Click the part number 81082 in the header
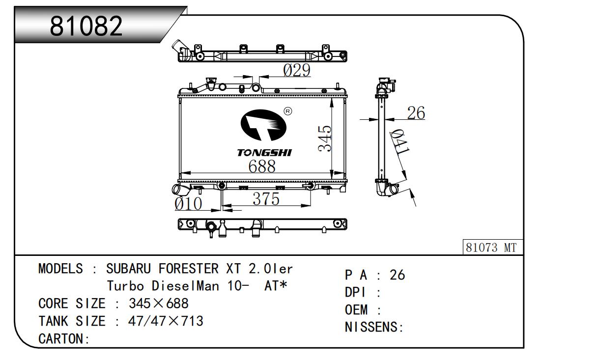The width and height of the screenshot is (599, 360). coord(86,26)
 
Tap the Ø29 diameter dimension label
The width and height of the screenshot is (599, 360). coord(297,70)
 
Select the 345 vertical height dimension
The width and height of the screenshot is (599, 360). coord(325,138)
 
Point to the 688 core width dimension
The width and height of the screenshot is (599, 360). coord(262,166)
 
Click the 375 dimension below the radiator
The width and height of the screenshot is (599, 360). coord(266,199)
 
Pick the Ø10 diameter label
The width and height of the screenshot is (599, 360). coord(188,204)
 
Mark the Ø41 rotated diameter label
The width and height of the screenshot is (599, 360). coord(399,141)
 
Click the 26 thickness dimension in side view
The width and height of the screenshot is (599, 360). coord(416,113)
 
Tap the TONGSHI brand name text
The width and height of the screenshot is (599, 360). coord(264,153)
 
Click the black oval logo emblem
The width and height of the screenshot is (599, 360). coord(263,125)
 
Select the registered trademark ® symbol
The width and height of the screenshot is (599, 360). coord(288,111)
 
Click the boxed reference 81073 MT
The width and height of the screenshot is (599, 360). coord(492,247)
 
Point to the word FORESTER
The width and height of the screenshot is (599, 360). coord(189,269)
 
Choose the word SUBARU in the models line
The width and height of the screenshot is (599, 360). coord(128,269)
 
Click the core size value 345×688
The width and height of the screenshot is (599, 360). coord(159,304)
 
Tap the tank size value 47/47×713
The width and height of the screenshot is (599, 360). coord(166,321)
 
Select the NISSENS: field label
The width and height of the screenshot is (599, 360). coord(374,327)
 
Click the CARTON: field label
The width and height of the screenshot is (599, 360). coord(64,338)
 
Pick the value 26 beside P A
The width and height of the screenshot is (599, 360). coord(398,275)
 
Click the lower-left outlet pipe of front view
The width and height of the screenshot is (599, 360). coord(180,190)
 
